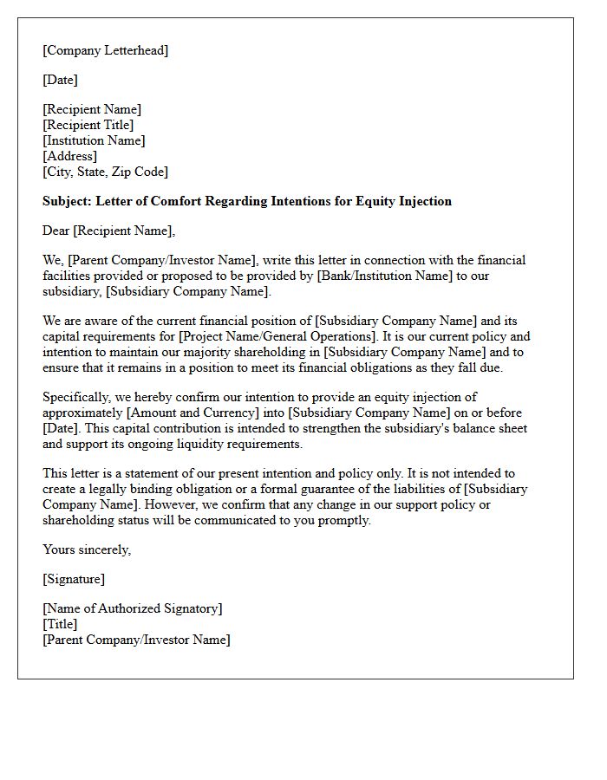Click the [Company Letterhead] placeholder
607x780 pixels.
[105, 50]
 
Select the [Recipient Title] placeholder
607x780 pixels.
[88, 125]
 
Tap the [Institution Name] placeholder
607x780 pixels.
[94, 140]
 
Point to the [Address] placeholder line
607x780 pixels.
[69, 156]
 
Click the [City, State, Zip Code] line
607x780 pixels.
[105, 172]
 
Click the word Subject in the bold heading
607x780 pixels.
[66, 201]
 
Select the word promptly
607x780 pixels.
[344, 520]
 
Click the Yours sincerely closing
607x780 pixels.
[87, 549]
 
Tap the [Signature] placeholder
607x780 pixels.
[74, 579]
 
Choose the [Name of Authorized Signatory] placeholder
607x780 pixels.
[132, 608]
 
